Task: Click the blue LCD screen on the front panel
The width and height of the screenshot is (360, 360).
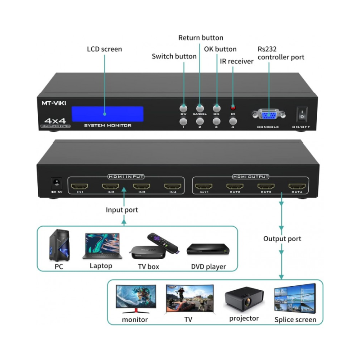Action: click(x=108, y=114)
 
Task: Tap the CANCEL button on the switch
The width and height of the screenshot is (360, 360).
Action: click(x=200, y=108)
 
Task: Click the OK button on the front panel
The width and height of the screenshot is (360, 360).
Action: click(x=217, y=108)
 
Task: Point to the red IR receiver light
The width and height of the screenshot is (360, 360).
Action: click(x=233, y=108)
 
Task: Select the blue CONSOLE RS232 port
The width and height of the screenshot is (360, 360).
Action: click(x=268, y=115)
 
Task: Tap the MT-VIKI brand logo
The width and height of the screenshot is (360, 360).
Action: click(x=54, y=103)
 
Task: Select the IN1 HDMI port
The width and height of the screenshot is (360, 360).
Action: click(x=81, y=186)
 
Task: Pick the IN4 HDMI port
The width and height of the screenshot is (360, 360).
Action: click(x=173, y=186)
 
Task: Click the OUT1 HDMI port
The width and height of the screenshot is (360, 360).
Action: click(x=204, y=186)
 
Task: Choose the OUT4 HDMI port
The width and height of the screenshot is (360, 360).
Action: click(x=297, y=186)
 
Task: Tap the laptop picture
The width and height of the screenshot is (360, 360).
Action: click(x=101, y=246)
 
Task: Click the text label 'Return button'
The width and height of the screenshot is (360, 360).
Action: click(x=201, y=38)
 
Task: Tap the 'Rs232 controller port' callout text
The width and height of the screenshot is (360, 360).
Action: click(x=281, y=53)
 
